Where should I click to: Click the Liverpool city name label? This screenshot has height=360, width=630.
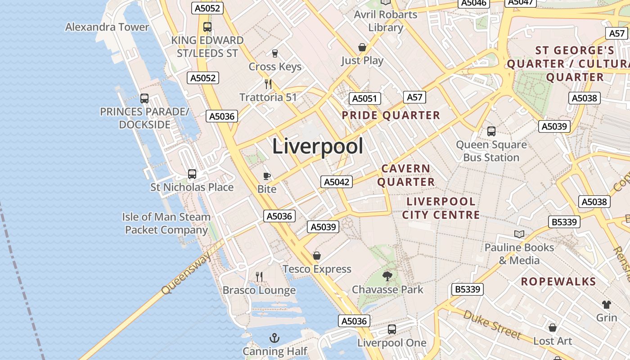pos(317,147)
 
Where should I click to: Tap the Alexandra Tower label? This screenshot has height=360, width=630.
pos(107,27)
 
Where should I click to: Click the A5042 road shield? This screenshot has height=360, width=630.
pos(337,182)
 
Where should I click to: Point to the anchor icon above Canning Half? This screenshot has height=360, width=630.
pos(274,337)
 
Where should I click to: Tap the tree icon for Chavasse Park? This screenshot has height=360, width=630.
pos(387,276)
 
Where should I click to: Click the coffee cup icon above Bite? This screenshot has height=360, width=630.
pos(266,176)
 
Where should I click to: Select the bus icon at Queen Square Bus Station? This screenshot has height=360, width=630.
pos(491,131)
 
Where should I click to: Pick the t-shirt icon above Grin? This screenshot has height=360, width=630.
pos(606,305)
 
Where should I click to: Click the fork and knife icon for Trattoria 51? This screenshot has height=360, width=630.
pos(268,84)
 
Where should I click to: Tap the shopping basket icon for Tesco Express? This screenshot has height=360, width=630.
pos(317,256)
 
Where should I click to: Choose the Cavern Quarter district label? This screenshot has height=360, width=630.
pos(406,175)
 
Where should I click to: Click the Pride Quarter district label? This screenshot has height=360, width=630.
pos(391,115)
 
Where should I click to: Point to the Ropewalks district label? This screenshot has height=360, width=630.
pos(558,282)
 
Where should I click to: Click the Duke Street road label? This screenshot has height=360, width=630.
pos(492,324)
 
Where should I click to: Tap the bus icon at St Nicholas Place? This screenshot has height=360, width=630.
pos(192,174)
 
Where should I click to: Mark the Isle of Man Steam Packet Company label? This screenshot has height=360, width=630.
pos(166,223)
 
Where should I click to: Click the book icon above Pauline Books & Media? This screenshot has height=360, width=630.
pos(519,234)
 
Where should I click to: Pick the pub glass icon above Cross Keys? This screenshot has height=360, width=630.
pos(275,54)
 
